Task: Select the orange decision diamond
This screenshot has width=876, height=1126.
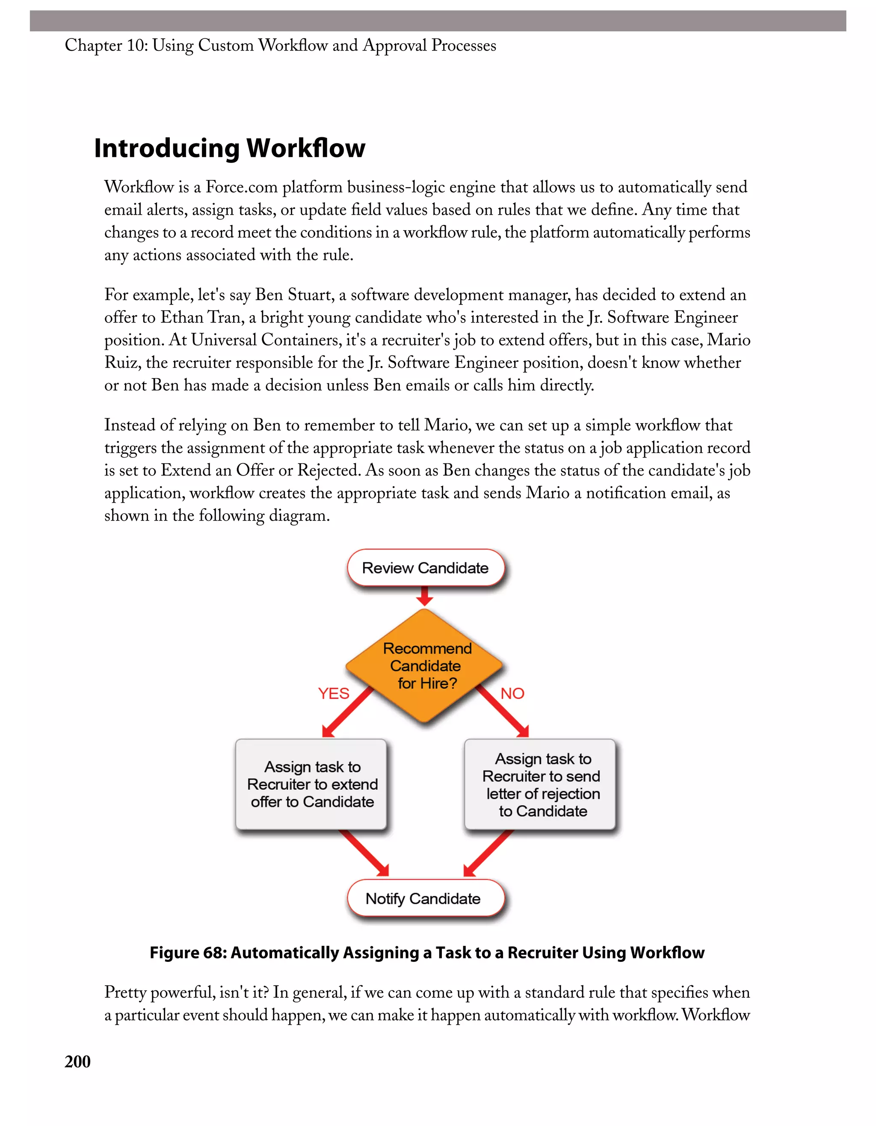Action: click(x=425, y=665)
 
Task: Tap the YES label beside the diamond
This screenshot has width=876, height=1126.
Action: click(x=333, y=694)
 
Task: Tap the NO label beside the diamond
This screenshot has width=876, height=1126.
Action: click(x=512, y=694)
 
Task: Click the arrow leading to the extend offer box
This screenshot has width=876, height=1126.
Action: click(x=347, y=712)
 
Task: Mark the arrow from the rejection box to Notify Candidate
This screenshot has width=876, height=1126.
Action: click(x=488, y=854)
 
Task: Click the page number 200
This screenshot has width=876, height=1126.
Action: click(x=77, y=1061)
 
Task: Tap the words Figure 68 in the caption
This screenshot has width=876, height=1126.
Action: click(x=188, y=953)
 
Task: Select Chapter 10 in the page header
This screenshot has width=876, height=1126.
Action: click(x=106, y=45)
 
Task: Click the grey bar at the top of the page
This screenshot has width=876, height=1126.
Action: click(x=438, y=21)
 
